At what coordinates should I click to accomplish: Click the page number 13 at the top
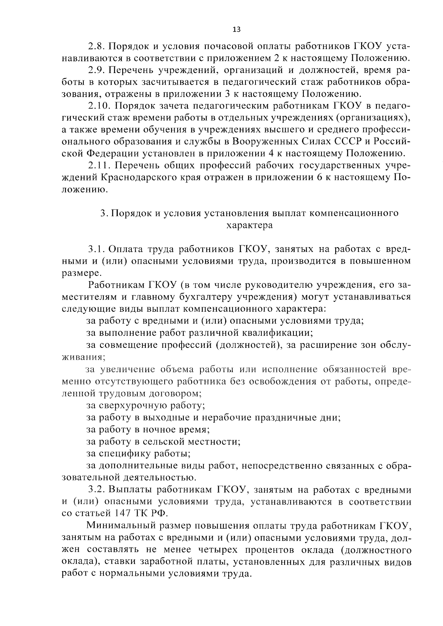click(x=237, y=30)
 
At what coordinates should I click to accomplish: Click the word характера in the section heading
click(x=250, y=225)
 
